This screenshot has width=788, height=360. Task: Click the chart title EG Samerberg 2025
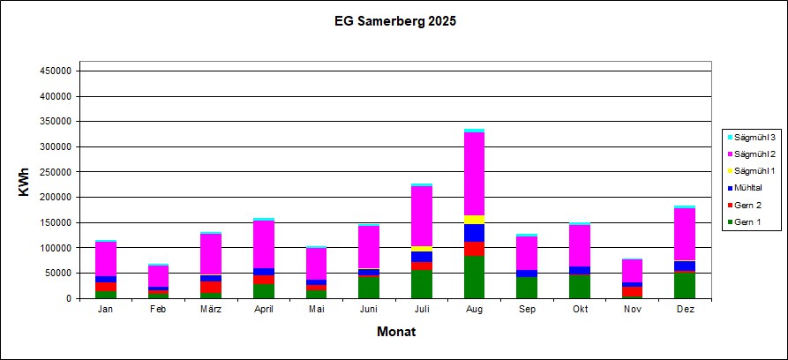394,19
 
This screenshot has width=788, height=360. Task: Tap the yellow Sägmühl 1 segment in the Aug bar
475,220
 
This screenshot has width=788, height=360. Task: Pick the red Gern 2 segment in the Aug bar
475,249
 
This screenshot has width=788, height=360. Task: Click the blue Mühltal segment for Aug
475,233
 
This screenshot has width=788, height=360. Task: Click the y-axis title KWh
26,184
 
